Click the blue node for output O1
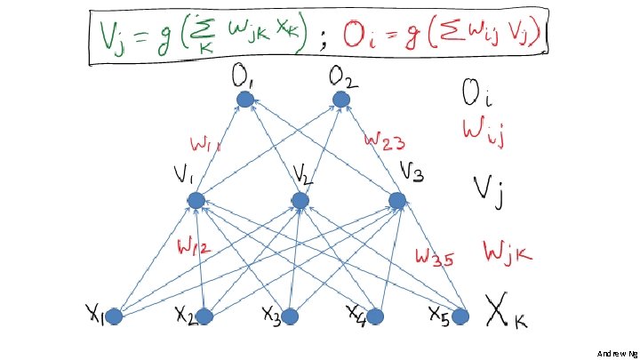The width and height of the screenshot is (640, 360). (244, 100)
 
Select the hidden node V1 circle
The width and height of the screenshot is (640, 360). (196, 201)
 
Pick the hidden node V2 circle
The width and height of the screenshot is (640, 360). (300, 201)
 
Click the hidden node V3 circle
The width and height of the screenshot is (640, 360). (396, 201)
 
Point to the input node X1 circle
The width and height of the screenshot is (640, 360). (115, 316)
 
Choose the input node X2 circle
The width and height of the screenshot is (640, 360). (204, 316)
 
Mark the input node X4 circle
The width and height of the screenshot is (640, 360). (375, 316)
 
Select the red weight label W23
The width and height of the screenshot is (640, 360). (387, 140)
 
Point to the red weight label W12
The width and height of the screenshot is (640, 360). (194, 247)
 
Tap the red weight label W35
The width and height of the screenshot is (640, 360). (436, 258)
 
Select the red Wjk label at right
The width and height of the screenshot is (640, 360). (508, 252)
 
